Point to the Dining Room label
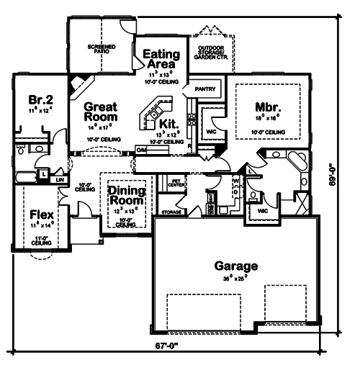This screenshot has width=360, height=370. (127, 195)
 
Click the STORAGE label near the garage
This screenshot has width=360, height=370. (171, 213)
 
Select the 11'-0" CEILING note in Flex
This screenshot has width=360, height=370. (41, 241)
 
